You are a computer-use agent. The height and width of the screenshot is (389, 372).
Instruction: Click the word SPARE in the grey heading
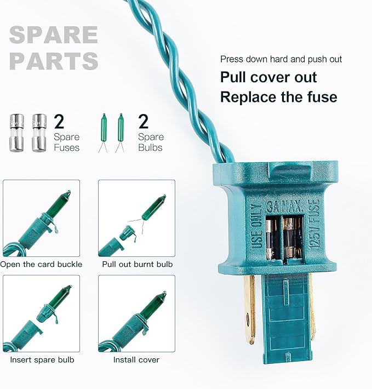[x=54, y=35]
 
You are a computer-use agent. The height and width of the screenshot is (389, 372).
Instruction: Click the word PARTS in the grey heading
[x=54, y=61]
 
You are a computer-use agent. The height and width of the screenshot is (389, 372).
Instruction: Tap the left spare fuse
[x=17, y=133]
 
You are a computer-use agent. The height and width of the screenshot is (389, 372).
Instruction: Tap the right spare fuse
[x=39, y=133]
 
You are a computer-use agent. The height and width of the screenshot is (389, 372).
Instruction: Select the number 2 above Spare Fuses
[x=59, y=121]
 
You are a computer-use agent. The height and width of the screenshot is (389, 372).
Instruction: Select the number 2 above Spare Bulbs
[x=144, y=121]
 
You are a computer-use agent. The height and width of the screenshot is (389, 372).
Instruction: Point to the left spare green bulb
[x=104, y=133]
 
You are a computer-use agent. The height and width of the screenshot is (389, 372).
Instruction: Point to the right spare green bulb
[x=121, y=133]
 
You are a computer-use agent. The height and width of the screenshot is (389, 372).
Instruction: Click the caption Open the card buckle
[x=41, y=264]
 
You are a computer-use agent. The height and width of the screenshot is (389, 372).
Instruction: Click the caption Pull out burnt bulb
[x=138, y=264]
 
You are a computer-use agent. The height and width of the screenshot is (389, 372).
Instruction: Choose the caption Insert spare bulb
[x=42, y=360]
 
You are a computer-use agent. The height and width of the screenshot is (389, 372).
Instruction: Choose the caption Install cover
[x=136, y=360]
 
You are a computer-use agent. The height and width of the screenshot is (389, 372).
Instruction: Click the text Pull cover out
[x=268, y=77]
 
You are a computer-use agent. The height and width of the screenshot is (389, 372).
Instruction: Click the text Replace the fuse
[x=279, y=97]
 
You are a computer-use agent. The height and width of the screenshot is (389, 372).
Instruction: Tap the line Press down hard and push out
[x=281, y=59]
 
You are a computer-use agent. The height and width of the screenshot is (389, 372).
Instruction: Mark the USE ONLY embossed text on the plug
[x=257, y=226]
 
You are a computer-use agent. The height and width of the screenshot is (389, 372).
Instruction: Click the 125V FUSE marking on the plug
[x=314, y=224]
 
